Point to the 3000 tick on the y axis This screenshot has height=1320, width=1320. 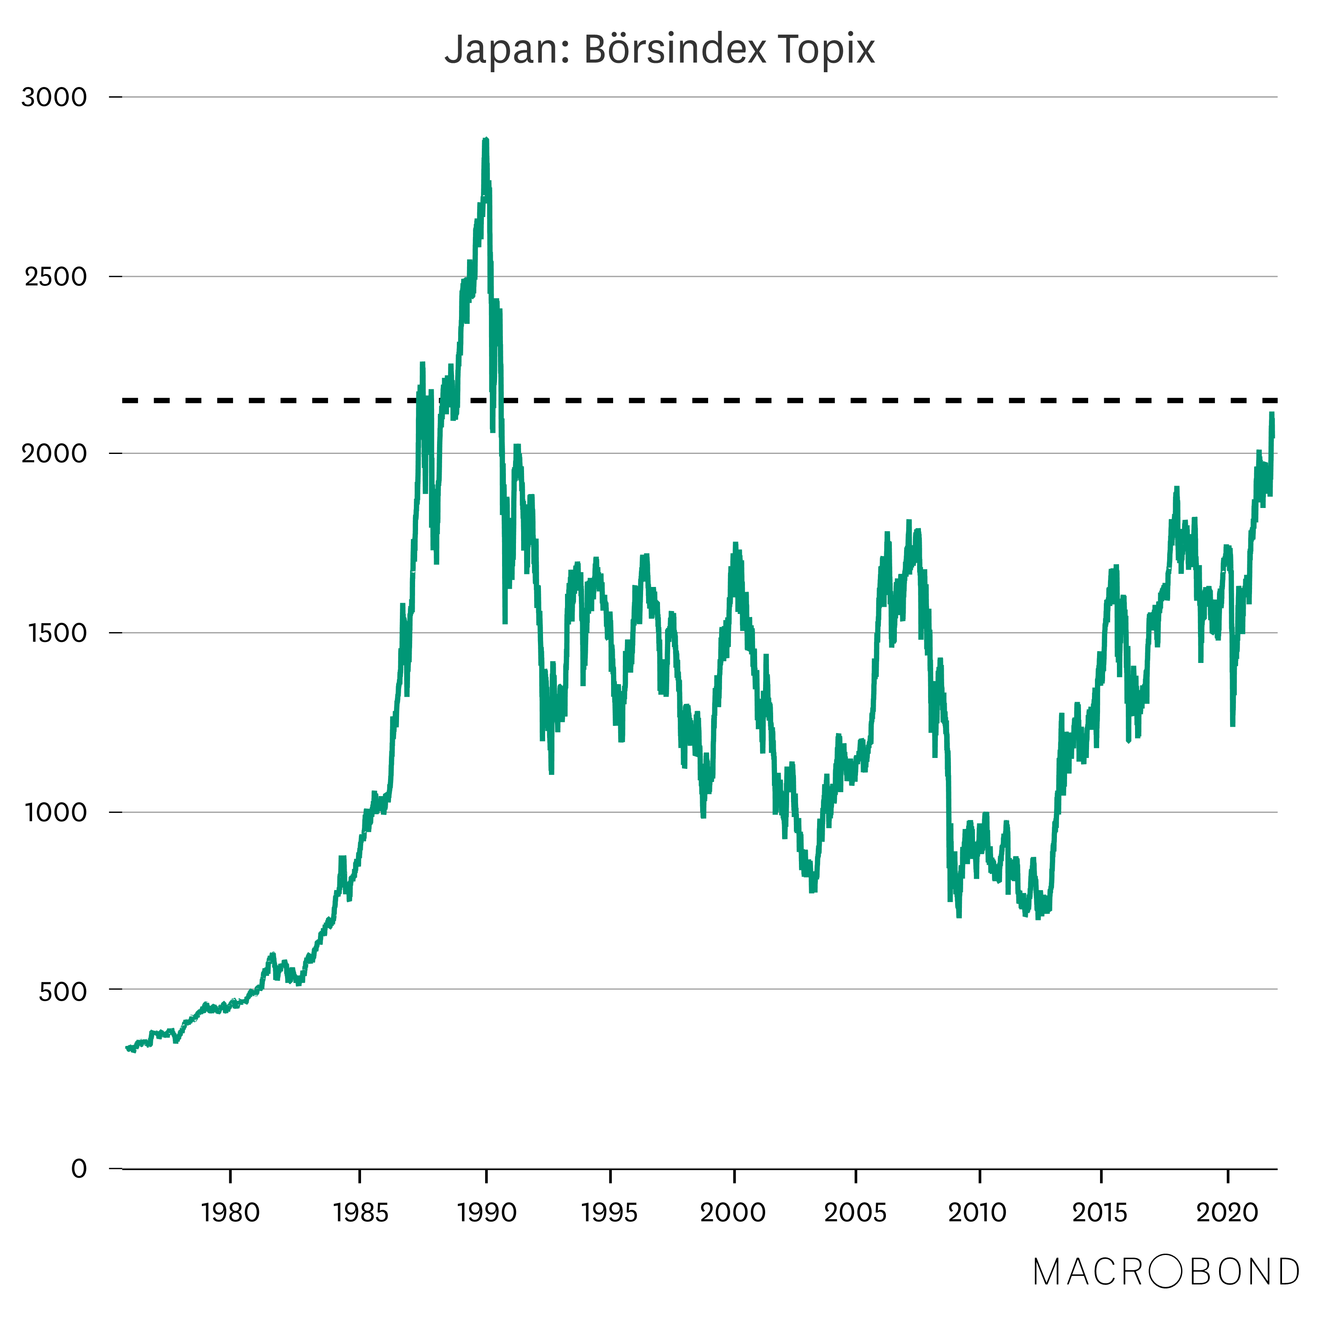pos(54,97)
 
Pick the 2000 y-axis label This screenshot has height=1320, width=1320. pos(54,453)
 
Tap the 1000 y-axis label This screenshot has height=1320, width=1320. pos(56,812)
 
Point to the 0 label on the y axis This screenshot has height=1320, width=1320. pos(79,1168)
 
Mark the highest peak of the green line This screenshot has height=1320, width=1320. pos(485,139)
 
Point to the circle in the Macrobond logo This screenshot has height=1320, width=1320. pos(1166,1271)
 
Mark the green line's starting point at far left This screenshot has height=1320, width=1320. pos(127,1047)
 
